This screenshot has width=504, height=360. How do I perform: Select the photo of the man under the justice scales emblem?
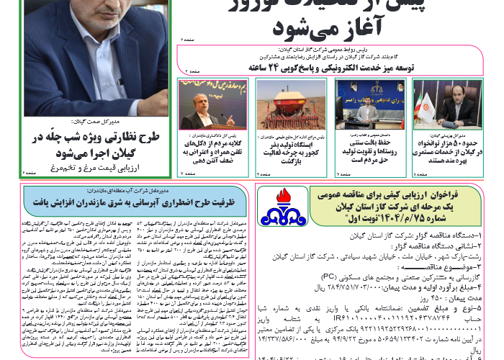click(x=362, y=105)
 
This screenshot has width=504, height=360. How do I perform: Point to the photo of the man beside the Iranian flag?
click(x=438, y=105)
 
